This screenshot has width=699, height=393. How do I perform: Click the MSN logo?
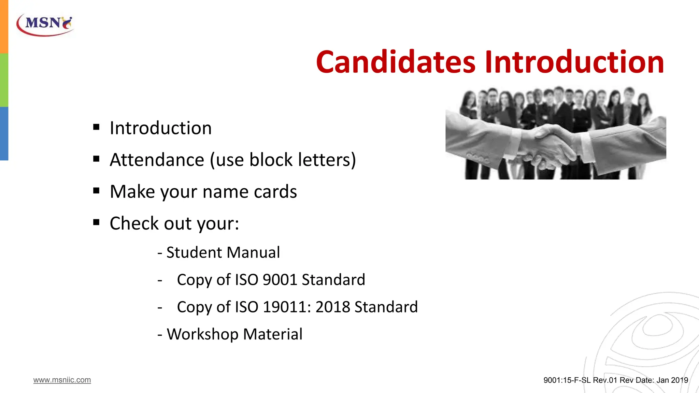coord(45,25)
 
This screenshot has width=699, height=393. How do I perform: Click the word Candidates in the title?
coord(395,62)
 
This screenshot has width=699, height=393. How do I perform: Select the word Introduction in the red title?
coord(574,62)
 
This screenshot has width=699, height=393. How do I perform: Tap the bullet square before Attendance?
coord(96,159)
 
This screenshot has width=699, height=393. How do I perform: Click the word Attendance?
coord(157,160)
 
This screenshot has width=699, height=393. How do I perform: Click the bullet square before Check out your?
coord(96,223)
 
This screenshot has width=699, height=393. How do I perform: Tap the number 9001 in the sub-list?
coord(280,280)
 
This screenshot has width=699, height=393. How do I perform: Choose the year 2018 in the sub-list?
coord(332,307)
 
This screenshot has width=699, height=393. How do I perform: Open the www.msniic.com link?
coord(62,380)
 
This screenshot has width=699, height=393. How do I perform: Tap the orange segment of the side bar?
coord(4,27)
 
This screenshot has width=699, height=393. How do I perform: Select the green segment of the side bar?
coord(4,80)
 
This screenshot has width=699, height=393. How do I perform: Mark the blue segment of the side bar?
coord(4,133)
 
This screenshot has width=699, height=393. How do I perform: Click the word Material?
coord(273,334)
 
